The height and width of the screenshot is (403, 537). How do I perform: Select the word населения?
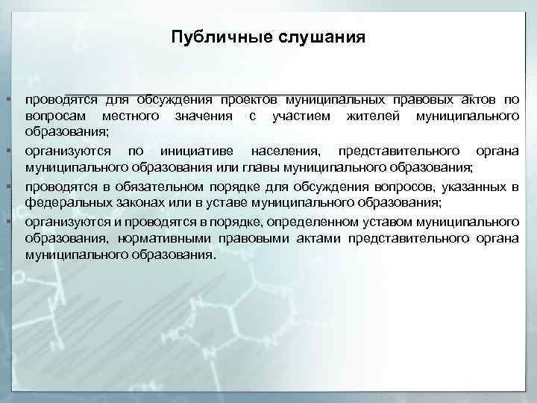coord(283,151)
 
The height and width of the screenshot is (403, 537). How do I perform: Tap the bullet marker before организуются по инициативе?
coord(6,151)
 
